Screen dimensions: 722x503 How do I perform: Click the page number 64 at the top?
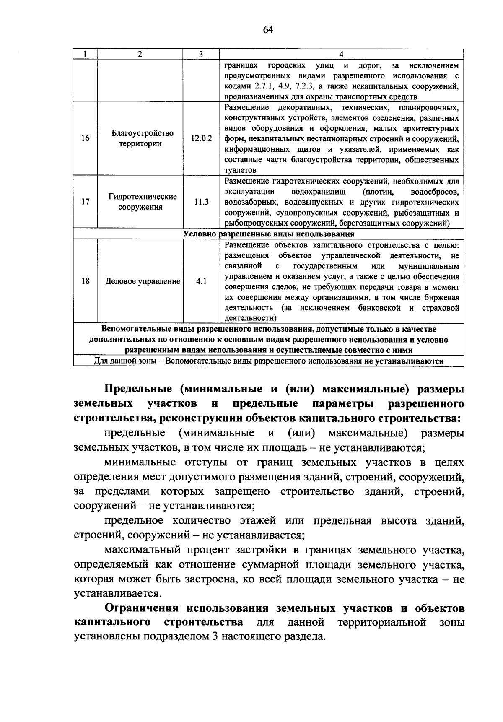pyautogui.click(x=268, y=29)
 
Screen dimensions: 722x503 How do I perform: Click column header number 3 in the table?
pyautogui.click(x=201, y=54)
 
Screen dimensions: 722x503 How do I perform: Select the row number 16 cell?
pyautogui.click(x=85, y=138)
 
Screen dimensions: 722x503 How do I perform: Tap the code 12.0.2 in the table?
pyautogui.click(x=201, y=138)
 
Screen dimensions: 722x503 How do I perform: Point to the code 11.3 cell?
pyautogui.click(x=201, y=202)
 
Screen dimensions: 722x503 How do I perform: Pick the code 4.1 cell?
pyautogui.click(x=201, y=281)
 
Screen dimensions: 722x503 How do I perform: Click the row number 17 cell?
pyautogui.click(x=85, y=202)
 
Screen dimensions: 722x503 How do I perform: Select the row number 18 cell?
pyautogui.click(x=85, y=281)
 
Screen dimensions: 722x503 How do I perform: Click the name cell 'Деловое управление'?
pyautogui.click(x=143, y=281)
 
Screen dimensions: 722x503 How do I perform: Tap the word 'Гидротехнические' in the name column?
pyautogui.click(x=143, y=196)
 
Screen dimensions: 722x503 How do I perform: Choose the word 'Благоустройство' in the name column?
pyautogui.click(x=143, y=133)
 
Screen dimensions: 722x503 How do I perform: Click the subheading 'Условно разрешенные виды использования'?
pyautogui.click(x=269, y=234)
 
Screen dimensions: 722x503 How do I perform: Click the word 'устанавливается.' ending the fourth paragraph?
pyautogui.click(x=117, y=594)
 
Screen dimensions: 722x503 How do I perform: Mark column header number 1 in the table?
pyautogui.click(x=85, y=54)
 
